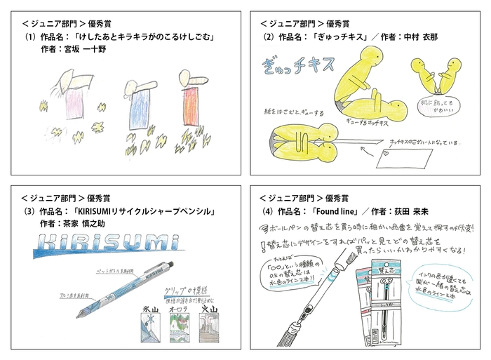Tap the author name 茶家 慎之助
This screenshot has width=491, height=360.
pos(85,222)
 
